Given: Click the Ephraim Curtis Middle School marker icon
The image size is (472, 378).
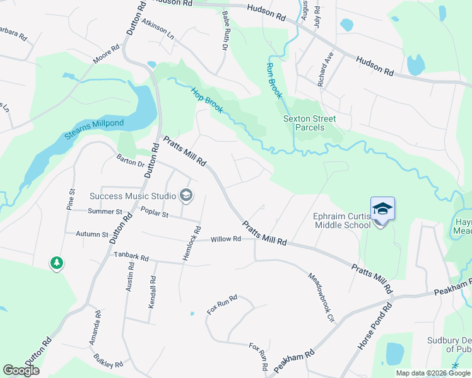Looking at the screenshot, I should click(x=382, y=209).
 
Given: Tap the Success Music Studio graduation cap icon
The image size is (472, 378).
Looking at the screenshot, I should click(x=186, y=195).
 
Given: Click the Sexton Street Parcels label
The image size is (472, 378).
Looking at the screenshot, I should click(x=309, y=123).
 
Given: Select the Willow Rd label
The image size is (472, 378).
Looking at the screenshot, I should click(x=226, y=239).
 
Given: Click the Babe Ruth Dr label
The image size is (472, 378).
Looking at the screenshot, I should click(x=225, y=30).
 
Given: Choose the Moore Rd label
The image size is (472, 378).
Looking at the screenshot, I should click(x=106, y=55).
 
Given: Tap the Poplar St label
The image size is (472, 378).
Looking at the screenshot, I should click(x=155, y=214).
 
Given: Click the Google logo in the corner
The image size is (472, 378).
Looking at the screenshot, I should click(x=21, y=370).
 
